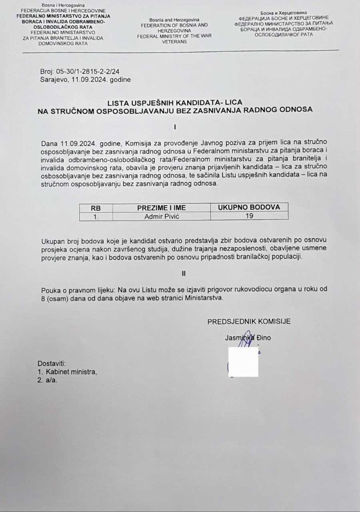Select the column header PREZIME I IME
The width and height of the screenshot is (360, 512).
[x=161, y=208]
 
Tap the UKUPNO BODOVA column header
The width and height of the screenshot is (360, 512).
[x=249, y=207]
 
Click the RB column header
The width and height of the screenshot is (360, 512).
[x=96, y=208]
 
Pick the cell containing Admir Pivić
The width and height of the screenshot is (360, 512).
[x=161, y=216]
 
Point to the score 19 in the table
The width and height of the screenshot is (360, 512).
[x=249, y=216]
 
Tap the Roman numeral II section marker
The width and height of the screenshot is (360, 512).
[x=183, y=273]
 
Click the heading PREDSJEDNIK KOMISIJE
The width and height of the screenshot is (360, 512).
[x=249, y=322]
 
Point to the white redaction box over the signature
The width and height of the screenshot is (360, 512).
[x=243, y=362]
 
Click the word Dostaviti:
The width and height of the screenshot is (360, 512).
[x=51, y=363]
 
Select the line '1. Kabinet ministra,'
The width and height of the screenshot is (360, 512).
[x=67, y=372]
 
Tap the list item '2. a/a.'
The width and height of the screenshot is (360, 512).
[x=47, y=380]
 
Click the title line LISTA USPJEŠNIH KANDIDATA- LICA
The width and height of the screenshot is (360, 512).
[x=175, y=102]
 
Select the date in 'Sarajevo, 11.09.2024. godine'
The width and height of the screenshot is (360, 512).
[x=95, y=80]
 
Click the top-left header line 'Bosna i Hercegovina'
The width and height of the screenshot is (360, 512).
[x=64, y=5]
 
